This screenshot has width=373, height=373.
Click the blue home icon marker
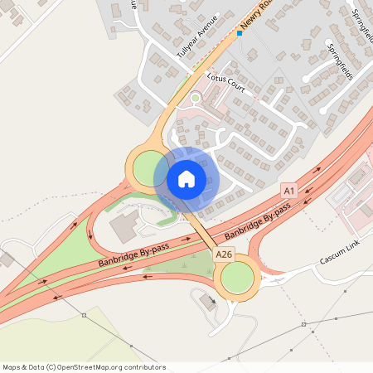pyautogui.click(x=186, y=178)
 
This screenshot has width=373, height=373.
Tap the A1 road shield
pyautogui.click(x=288, y=190)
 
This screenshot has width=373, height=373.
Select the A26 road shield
pyautogui.click(x=223, y=254)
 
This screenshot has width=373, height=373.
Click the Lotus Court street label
pyautogui.click(x=226, y=85)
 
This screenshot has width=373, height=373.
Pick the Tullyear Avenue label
pyautogui.click(x=197, y=36)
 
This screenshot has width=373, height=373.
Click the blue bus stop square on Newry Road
pyautogui.click(x=239, y=33)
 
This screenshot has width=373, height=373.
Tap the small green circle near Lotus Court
pyautogui.click(x=196, y=98)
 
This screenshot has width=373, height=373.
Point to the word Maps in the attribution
pyautogui.click(x=12, y=367)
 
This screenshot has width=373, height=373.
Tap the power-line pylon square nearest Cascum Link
pyautogui.click(x=303, y=324)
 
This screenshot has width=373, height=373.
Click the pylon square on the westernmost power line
pyautogui.click(x=85, y=315)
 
